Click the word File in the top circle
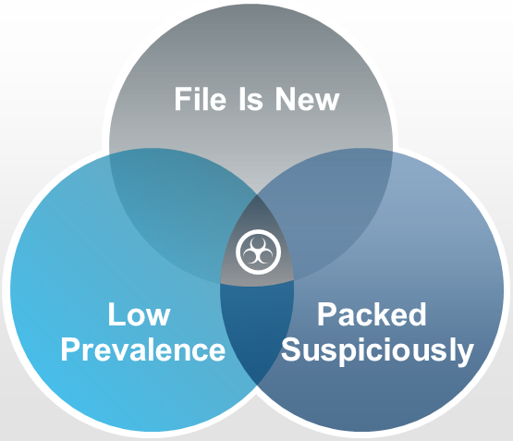201,99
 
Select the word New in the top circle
307,99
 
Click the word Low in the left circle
139,314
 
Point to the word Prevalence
143,349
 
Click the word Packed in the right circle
372,314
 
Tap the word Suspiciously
377,350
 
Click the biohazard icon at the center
259,251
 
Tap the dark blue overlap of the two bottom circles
257,327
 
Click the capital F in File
182,99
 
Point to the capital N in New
286,99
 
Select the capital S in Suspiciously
291,349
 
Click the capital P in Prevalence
69,349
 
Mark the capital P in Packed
326,314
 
